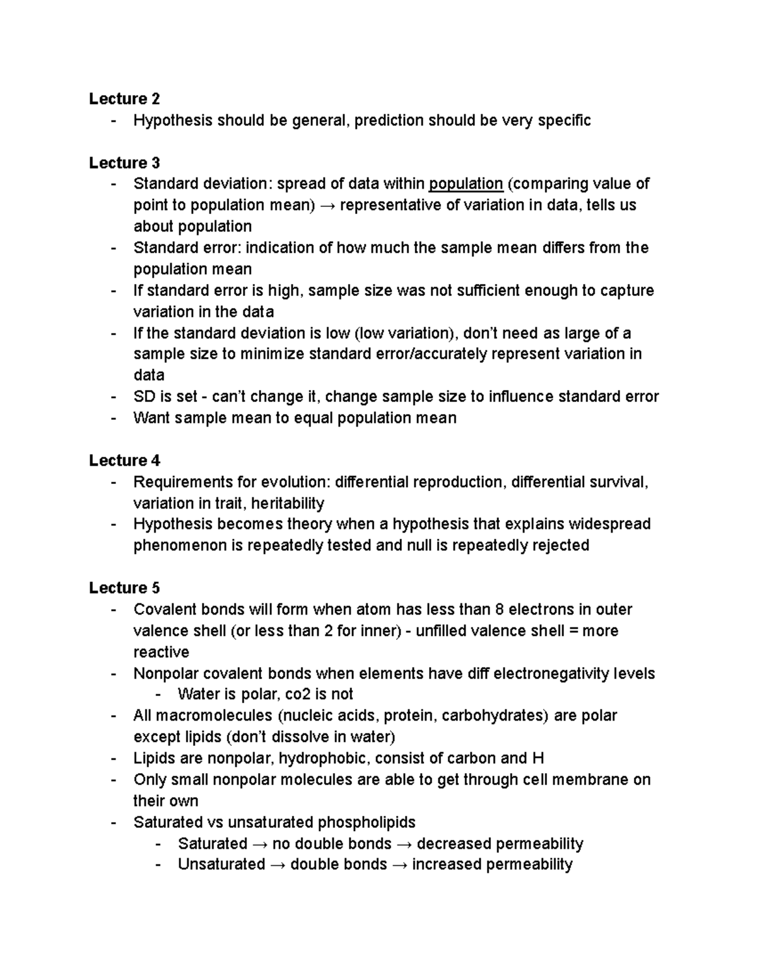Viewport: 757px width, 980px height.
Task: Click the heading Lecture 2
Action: tap(124, 99)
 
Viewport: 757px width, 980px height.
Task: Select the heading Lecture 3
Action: tap(124, 163)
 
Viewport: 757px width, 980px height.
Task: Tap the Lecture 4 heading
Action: tap(124, 461)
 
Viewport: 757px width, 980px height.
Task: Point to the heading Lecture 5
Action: tap(124, 588)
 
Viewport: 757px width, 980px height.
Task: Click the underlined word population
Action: tap(466, 184)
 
